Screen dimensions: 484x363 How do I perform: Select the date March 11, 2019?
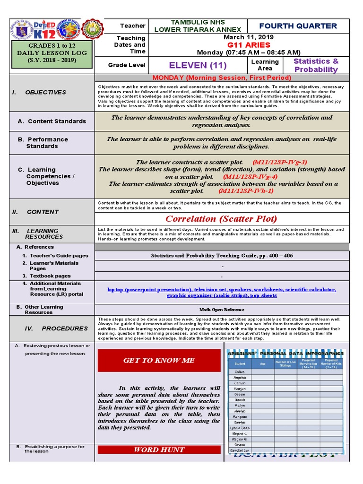click(248, 37)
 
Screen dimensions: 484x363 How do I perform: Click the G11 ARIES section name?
click(248, 45)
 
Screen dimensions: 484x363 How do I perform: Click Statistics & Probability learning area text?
click(316, 65)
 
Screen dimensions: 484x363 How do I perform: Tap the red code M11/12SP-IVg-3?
click(279, 162)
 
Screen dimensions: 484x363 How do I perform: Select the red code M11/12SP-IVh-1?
click(246, 191)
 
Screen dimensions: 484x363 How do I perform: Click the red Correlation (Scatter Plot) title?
click(221, 219)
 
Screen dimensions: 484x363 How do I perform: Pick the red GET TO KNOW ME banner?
click(159, 360)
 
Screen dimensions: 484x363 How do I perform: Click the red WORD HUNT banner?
click(159, 449)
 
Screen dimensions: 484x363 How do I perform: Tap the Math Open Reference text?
click(221, 310)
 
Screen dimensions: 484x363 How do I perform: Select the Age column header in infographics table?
click(263, 364)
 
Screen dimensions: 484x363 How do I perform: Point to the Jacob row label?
click(240, 400)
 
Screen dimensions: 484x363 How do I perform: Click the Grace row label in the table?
click(240, 445)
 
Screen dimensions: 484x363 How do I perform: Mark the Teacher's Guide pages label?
click(59, 256)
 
